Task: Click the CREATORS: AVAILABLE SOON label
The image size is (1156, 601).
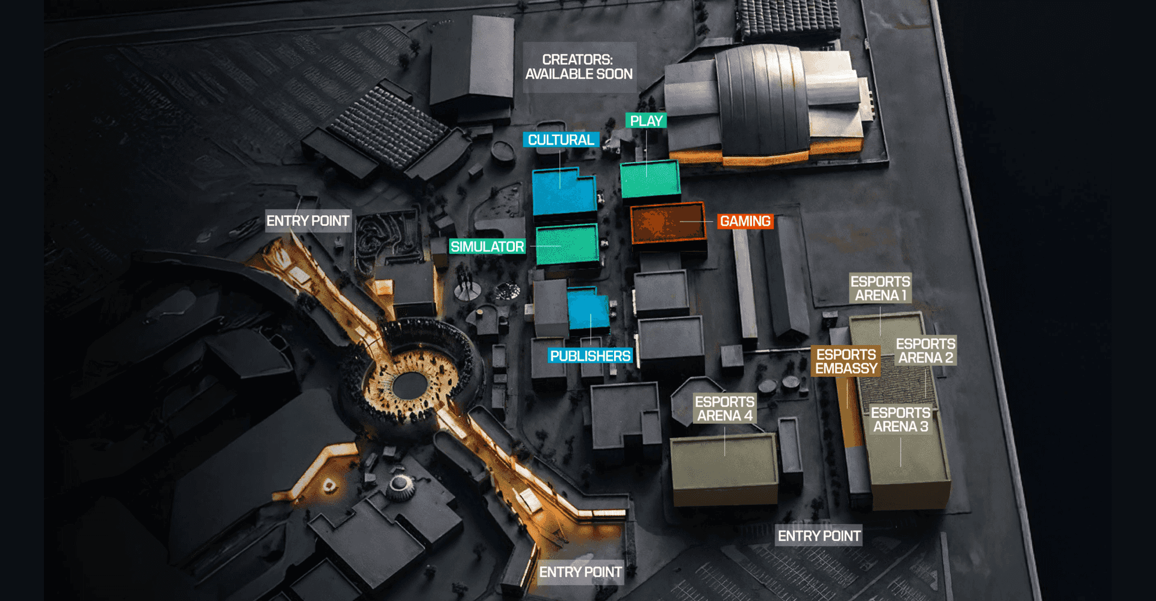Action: click(x=579, y=67)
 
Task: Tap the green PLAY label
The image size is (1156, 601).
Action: click(x=646, y=121)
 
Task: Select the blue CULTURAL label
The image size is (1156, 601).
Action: click(x=561, y=140)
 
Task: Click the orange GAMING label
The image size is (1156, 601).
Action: click(x=745, y=222)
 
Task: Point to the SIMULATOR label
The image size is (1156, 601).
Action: click(x=487, y=246)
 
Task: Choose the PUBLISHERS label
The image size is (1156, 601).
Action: click(x=590, y=356)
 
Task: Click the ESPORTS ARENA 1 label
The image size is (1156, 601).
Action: click(x=880, y=288)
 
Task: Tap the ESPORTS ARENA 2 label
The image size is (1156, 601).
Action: click(x=925, y=350)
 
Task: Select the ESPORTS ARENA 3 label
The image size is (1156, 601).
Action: click(x=901, y=420)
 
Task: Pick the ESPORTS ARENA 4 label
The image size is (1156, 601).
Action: click(x=724, y=408)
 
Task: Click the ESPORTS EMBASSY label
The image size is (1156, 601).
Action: click(x=846, y=361)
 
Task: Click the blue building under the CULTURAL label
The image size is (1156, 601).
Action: click(x=563, y=193)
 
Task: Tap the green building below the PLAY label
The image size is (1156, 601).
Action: click(x=650, y=179)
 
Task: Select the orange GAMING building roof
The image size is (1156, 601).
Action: click(x=667, y=223)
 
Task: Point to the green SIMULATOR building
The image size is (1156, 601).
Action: click(x=567, y=244)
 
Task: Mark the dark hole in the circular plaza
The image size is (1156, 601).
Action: click(x=410, y=385)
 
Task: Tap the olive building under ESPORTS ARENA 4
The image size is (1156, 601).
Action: click(x=724, y=470)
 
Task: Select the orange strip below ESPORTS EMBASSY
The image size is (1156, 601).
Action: click(x=850, y=416)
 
